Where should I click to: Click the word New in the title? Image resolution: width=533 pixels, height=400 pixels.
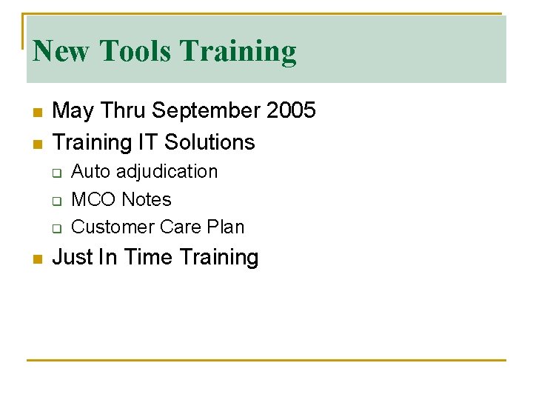click(62, 51)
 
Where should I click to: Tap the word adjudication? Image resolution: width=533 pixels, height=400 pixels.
click(167, 172)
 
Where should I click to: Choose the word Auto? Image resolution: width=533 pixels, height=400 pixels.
click(90, 171)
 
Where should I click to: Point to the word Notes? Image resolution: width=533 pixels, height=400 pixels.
click(146, 199)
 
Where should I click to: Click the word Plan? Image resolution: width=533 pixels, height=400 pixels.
click(225, 227)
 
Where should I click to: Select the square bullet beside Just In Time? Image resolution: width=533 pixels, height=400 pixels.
click(36, 259)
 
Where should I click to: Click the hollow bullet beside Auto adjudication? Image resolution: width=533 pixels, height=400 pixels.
click(56, 173)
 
